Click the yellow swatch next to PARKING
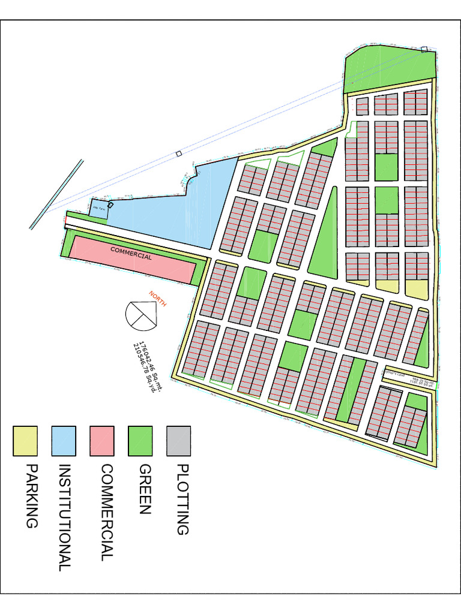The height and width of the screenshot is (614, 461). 25,441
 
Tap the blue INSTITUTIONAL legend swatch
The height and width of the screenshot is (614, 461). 64,441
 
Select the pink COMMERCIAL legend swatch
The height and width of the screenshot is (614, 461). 102,441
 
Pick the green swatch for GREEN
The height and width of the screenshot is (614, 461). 140,441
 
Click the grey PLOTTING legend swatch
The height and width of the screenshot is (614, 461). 179,441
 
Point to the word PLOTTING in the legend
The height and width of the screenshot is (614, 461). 181,499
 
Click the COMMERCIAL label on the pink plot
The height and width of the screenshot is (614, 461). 130,252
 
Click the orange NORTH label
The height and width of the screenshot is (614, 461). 157,298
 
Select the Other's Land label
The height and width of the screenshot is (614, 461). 396,373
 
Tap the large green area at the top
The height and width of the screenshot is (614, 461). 390,69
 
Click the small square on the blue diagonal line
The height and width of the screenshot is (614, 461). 178,154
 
